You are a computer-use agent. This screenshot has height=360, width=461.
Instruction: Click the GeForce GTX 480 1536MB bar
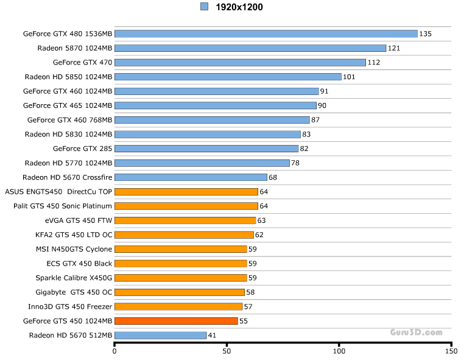266,34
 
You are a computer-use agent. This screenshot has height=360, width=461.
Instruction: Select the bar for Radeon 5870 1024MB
250,48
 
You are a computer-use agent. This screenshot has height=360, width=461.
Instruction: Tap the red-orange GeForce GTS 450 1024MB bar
176,320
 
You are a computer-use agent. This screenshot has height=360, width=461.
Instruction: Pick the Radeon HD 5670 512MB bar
161,335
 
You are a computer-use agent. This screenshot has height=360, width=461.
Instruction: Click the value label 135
425,34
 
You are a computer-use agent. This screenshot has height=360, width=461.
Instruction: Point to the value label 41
212,335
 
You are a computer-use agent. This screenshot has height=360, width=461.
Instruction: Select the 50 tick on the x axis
227,351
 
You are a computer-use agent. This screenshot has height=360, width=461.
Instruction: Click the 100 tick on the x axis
339,351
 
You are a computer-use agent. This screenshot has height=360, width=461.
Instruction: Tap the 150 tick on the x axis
451,351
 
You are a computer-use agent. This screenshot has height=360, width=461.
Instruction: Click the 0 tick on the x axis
114,351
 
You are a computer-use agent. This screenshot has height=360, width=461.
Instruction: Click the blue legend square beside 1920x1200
204,7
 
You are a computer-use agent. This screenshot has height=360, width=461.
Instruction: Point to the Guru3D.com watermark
417,332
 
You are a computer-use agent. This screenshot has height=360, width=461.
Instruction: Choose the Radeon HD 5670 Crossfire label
68,177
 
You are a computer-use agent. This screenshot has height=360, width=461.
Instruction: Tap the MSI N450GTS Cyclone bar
180,249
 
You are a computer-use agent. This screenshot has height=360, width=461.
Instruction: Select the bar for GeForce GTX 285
206,148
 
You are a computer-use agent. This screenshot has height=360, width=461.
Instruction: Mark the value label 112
373,63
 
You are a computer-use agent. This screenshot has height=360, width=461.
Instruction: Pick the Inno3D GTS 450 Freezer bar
178,306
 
